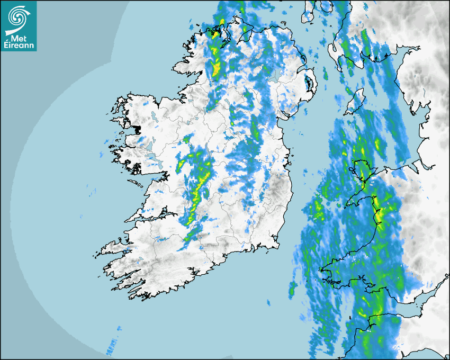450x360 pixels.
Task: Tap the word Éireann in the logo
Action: [x=19, y=45]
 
